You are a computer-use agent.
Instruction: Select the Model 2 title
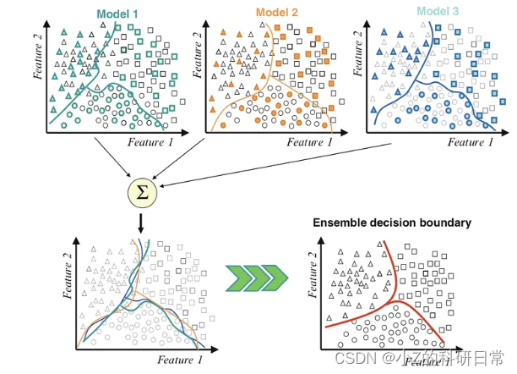point(277,13)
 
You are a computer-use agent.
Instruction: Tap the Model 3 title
point(438,12)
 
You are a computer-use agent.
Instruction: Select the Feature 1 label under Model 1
point(151,142)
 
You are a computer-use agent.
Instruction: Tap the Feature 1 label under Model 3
point(465,142)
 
